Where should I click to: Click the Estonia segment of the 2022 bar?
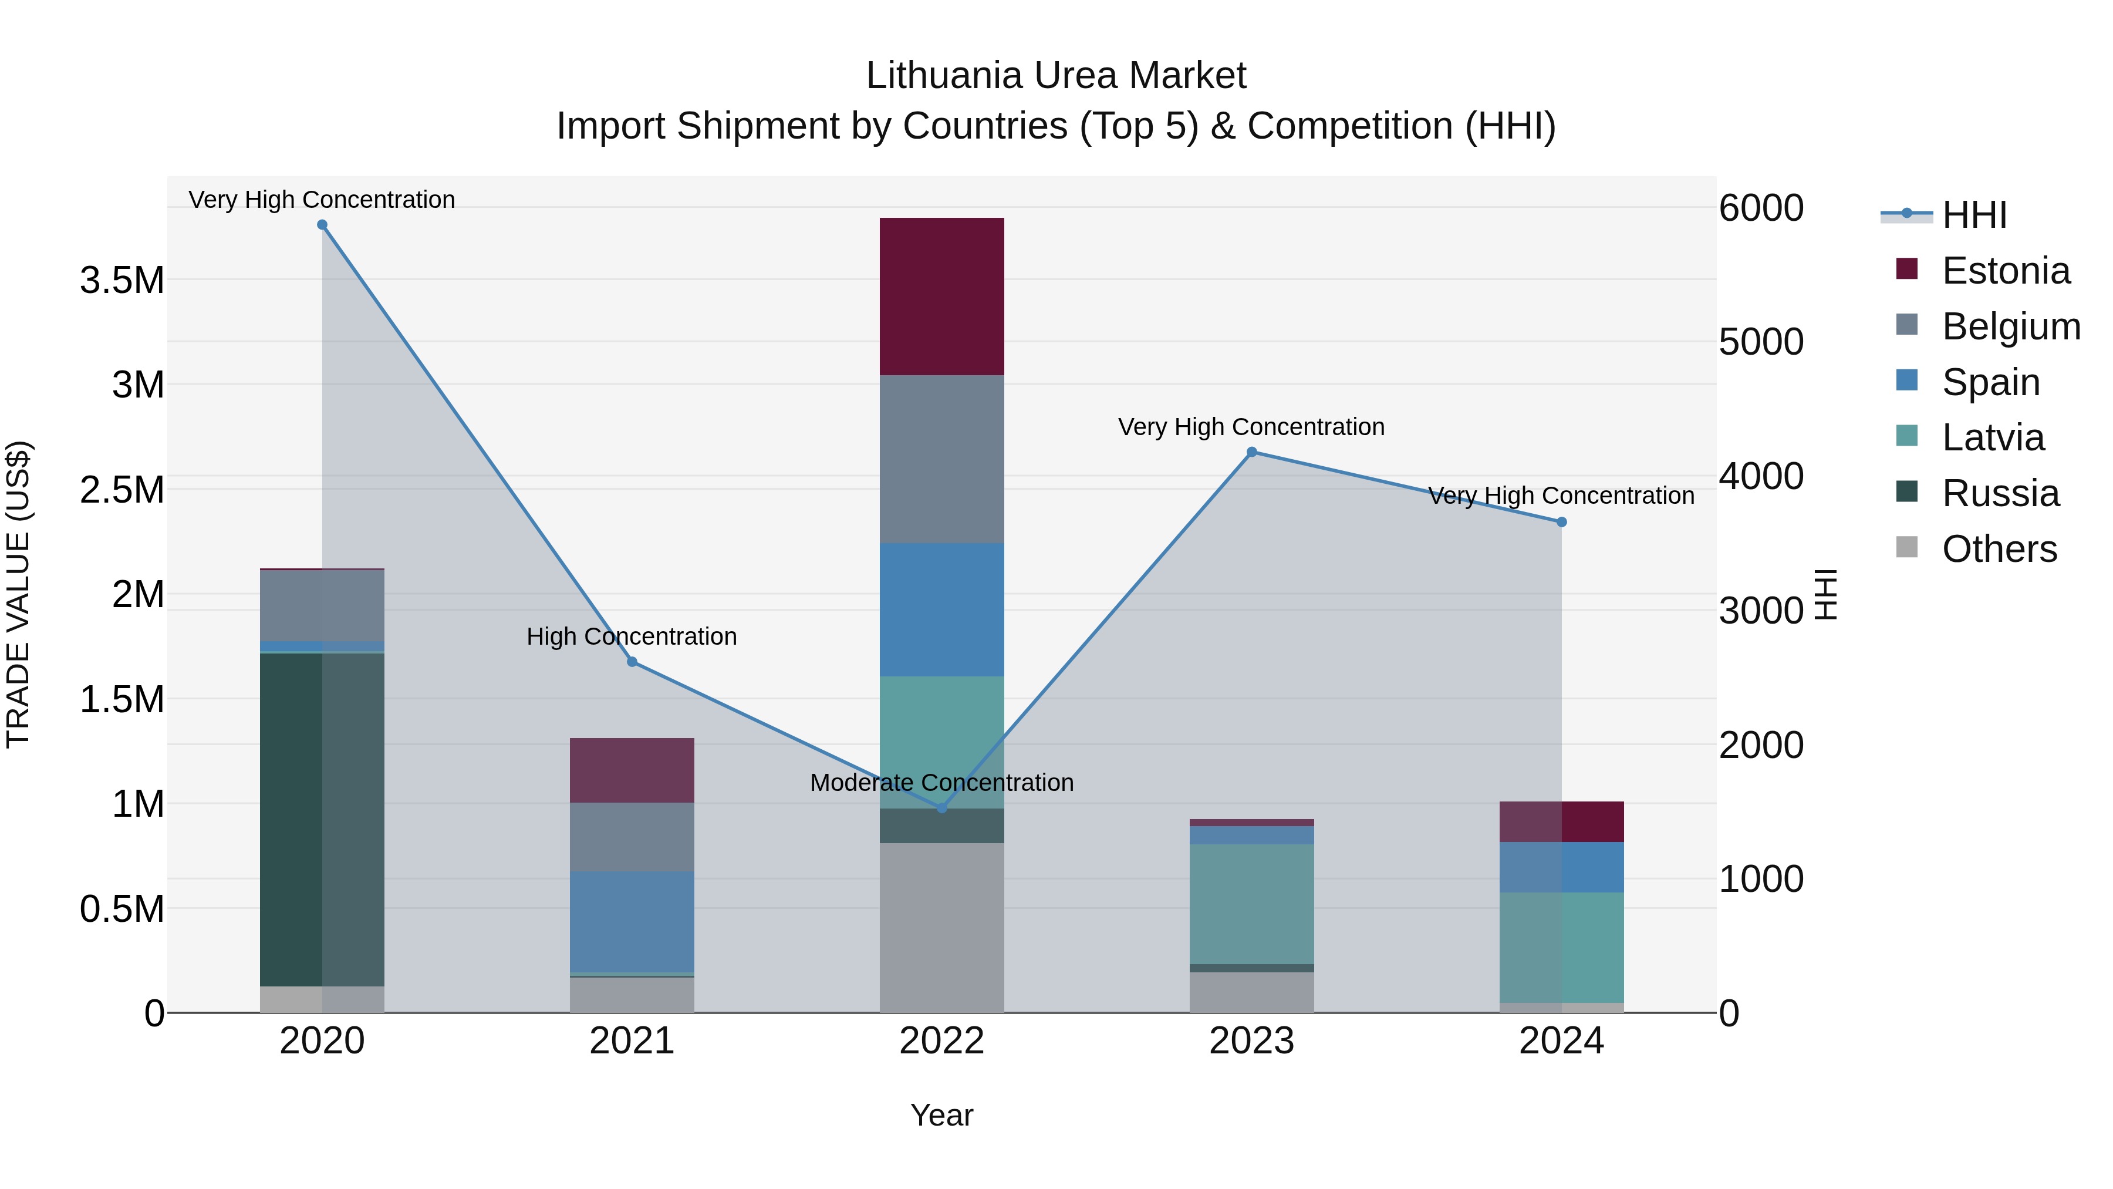point(941,297)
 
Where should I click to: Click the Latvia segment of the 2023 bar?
point(1252,904)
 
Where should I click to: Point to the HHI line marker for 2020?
point(322,225)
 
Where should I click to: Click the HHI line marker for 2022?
point(941,809)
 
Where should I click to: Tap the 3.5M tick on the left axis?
point(122,281)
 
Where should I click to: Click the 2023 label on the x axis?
point(1252,1041)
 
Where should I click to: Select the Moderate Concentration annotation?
point(941,783)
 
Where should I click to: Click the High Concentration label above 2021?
point(632,636)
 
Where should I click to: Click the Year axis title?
point(941,1115)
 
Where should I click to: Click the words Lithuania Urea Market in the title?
point(1056,76)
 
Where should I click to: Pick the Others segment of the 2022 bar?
point(941,927)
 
